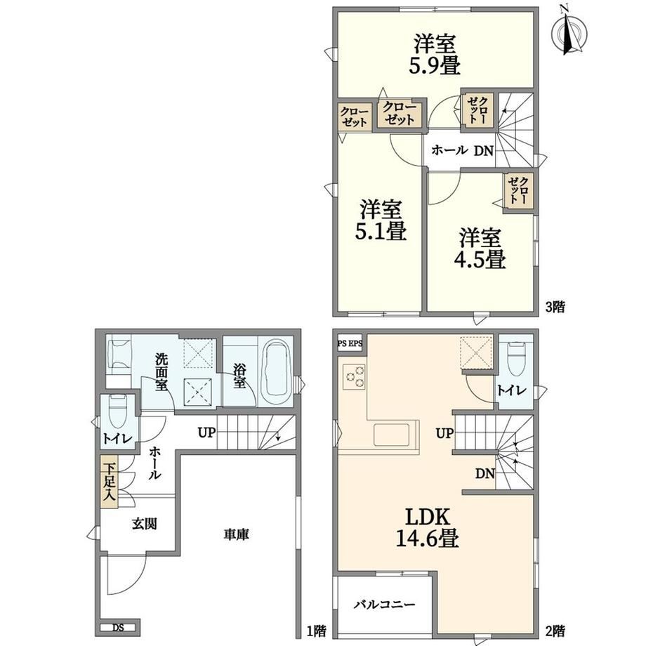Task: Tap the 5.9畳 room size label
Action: (434, 66)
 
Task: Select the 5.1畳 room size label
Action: (381, 231)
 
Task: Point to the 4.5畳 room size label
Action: (480, 259)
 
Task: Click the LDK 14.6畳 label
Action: (427, 527)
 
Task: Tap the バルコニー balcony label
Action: (385, 605)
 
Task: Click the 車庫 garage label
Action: (237, 535)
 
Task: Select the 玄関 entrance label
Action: (144, 524)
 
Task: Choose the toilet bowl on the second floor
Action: (516, 359)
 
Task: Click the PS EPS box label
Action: (350, 343)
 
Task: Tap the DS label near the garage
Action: (119, 628)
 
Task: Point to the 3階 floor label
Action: (555, 307)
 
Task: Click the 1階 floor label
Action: (317, 631)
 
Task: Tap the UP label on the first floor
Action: (206, 433)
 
